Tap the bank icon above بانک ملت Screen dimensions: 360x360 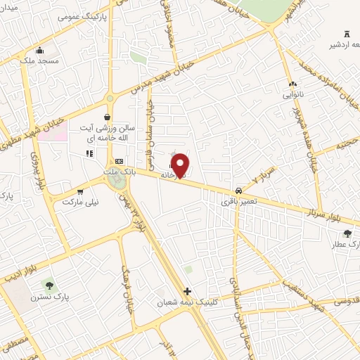click(119, 161)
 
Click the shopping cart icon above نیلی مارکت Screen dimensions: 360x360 click(80, 191)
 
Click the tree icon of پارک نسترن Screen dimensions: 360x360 click(49, 285)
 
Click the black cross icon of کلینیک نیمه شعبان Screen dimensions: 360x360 click(186, 291)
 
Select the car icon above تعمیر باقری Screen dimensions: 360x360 click(239, 191)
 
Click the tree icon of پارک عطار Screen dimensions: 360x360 click(347, 234)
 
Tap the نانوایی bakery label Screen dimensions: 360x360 click(291, 94)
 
